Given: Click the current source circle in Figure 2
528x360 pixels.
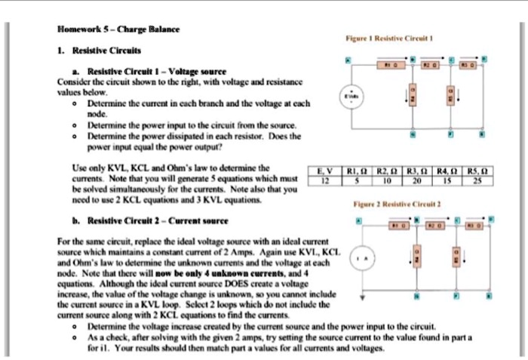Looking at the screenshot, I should pos(363,260).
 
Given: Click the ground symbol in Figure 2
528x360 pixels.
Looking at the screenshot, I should pos(363,297).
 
